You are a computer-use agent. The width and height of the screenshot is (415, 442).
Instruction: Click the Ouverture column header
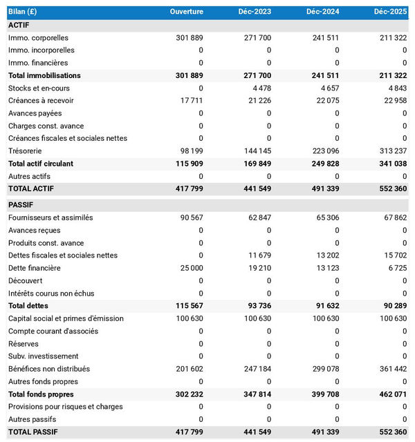coord(187,12)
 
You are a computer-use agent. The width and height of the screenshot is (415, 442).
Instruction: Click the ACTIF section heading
coord(19,25)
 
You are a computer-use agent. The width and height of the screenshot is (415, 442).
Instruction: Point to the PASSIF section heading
coord(21,205)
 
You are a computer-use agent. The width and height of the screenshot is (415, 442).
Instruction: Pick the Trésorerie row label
coord(25,151)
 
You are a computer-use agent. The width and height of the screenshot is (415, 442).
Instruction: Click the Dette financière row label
coord(35,268)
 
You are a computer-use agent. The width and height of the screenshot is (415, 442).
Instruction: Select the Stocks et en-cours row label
coord(39,88)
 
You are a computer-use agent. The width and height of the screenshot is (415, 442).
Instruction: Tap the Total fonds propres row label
coord(42,394)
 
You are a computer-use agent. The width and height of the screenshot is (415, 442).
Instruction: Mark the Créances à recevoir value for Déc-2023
coord(257,100)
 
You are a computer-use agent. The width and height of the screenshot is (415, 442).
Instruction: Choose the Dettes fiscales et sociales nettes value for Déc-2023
coord(259,255)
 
